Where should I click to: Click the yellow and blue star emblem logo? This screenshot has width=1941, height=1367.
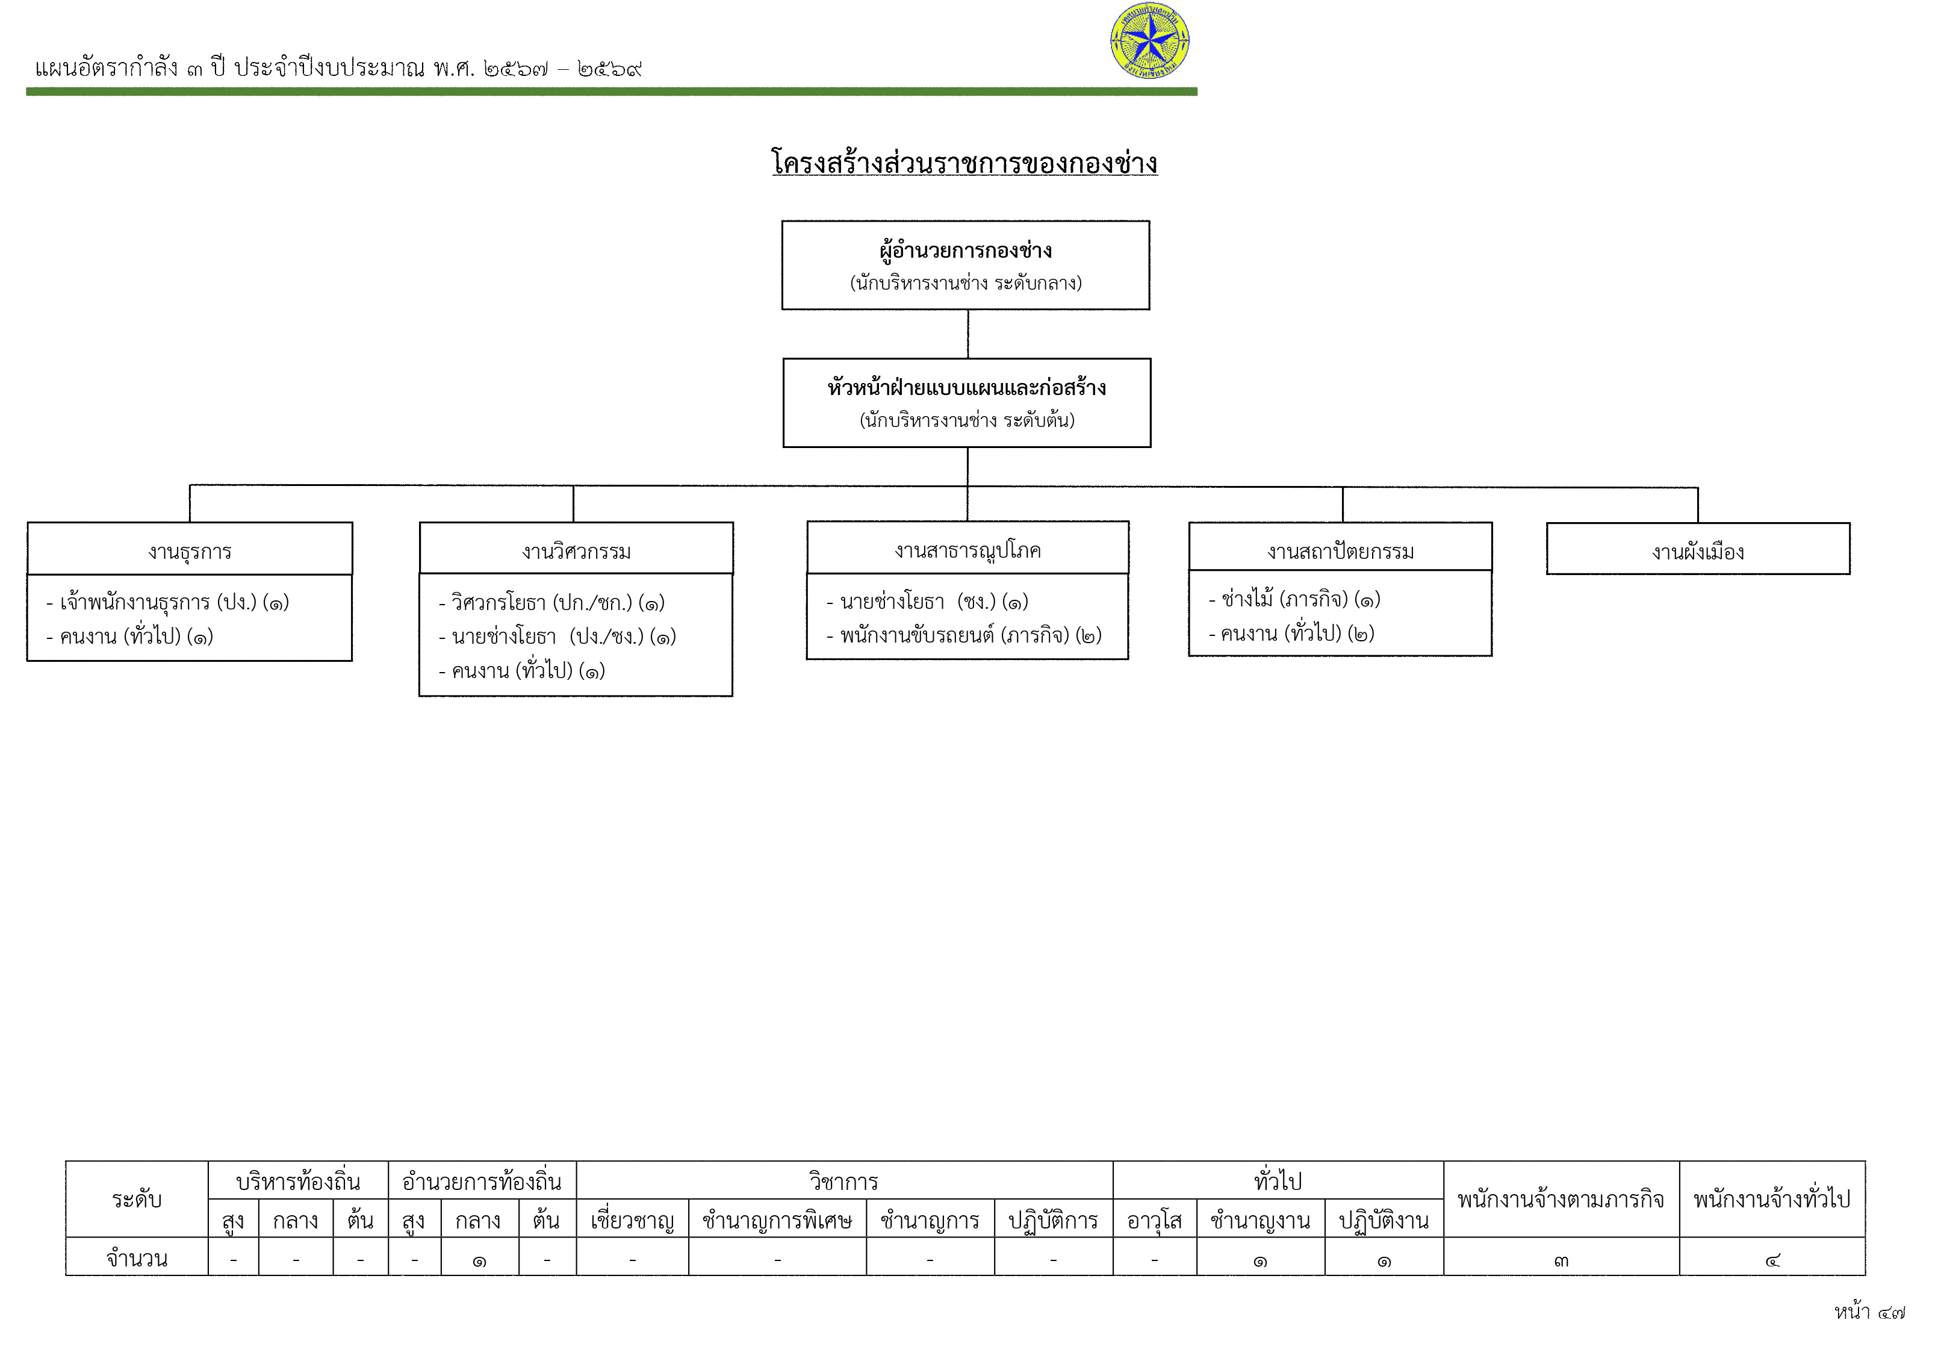[1150, 40]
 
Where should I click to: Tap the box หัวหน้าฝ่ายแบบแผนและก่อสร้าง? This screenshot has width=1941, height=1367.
[966, 402]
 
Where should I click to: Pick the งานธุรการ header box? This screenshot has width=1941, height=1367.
[190, 549]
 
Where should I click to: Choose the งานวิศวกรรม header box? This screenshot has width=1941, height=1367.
[576, 549]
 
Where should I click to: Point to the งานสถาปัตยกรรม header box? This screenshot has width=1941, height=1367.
[1340, 547]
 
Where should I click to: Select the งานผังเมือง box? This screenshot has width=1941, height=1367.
[1698, 549]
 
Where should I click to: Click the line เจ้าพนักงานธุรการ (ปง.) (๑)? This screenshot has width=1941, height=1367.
[167, 602]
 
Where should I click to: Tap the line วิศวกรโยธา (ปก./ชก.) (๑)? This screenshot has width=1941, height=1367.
[551, 603]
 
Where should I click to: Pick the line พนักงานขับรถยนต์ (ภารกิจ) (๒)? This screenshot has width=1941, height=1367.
[964, 635]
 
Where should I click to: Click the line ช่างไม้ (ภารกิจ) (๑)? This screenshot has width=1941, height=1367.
[1294, 599]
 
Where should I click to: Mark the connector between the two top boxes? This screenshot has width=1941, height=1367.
[968, 334]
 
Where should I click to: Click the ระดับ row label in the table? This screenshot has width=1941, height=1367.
[137, 1199]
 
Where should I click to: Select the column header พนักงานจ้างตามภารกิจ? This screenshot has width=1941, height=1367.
[1561, 1199]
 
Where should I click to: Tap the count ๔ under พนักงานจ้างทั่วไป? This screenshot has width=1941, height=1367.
[1773, 1260]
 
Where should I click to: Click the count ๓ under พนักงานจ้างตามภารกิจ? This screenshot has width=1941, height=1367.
[1561, 1260]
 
